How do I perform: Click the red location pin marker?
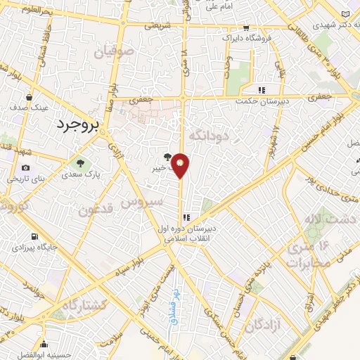pos(181,165)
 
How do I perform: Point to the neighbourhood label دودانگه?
pos(207,133)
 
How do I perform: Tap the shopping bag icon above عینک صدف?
pos(28,97)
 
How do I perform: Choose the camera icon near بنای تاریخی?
pos(26,168)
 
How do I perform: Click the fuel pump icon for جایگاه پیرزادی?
pos(33,237)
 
